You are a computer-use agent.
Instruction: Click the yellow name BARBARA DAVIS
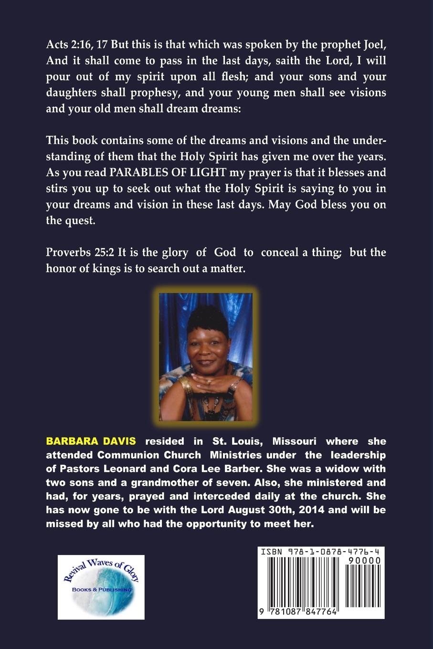(91, 441)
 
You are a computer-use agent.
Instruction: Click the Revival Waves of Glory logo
(101, 587)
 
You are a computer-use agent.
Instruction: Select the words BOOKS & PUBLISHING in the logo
(101, 590)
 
